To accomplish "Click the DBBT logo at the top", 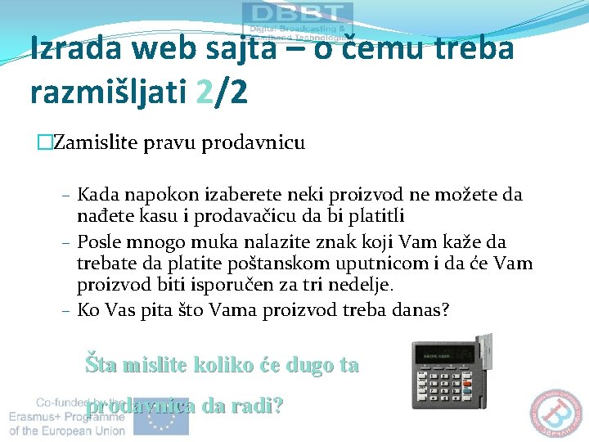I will click(298, 15).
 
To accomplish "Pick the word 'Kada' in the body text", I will click(97, 196).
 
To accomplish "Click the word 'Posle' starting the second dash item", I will click(98, 242).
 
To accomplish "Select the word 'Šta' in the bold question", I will click(102, 365).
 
